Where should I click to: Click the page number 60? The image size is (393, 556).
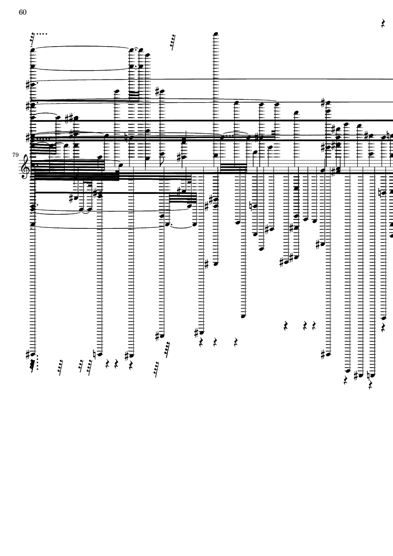click(x=23, y=12)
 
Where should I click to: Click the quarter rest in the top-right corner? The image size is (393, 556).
click(x=384, y=23)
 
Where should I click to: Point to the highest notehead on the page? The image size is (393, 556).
click(x=216, y=34)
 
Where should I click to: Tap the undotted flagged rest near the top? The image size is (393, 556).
click(x=173, y=42)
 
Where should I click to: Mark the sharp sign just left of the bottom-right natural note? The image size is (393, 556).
click(x=356, y=375)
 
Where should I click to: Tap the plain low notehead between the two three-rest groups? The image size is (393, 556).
click(x=243, y=316)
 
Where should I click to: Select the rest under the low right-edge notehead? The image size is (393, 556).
click(x=384, y=326)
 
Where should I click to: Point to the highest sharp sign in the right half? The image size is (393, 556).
click(x=323, y=102)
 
